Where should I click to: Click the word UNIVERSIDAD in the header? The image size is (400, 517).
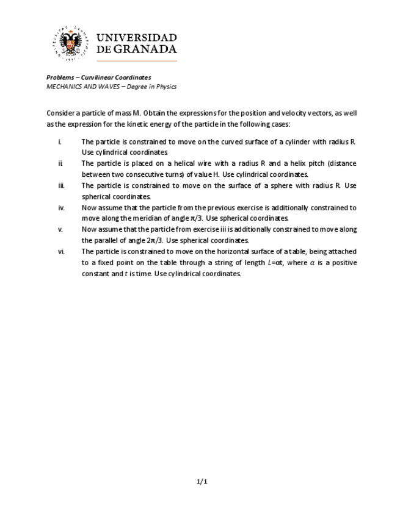pos(137,38)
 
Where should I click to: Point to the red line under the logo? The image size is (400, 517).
pos(137,61)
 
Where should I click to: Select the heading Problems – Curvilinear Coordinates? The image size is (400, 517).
pos(98,77)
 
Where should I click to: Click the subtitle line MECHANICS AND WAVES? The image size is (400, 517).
pos(111,87)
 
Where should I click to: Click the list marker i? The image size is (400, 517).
pos(60,142)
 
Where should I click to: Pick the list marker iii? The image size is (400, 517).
pos(61,186)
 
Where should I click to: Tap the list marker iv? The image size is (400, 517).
pos(61,208)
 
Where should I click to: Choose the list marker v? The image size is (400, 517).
pos(60,230)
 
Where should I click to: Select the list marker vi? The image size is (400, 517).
pos(61,252)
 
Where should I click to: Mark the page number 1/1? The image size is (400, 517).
pos(202,482)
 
